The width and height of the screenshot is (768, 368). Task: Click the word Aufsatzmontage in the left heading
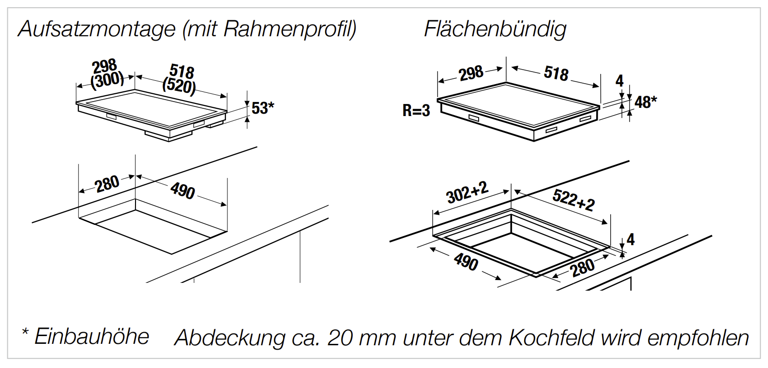coord(97,29)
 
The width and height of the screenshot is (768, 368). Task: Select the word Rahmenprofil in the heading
coord(289,29)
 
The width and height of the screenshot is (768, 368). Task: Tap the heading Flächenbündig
coord(495,29)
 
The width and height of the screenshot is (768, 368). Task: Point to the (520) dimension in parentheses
coord(179,86)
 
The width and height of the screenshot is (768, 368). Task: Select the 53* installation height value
coord(262,108)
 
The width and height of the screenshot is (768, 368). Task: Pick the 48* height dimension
coord(646,102)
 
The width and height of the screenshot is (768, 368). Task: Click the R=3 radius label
coord(416,111)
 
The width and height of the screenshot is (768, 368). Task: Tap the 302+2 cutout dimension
coord(467,192)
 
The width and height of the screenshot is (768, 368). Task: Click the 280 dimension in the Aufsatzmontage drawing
coord(107,183)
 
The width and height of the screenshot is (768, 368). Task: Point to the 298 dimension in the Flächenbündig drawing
coord(471,74)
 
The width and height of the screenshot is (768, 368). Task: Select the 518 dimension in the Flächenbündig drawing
coord(556,73)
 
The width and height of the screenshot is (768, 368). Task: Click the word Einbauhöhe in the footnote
coord(91,337)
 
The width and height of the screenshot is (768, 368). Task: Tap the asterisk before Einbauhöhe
coord(25,333)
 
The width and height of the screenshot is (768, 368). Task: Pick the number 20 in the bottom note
coord(340,338)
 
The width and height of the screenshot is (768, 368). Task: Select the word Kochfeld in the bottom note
coord(551,338)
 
